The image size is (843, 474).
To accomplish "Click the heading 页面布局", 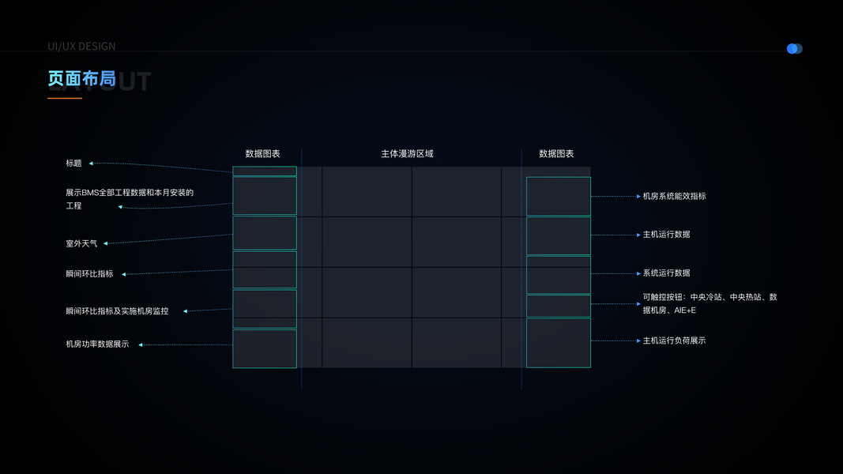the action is [81, 78].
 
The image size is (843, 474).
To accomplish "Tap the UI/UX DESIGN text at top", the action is [81, 47].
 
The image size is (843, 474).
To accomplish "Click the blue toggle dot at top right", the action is [792, 49].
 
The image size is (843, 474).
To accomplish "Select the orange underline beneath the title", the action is [65, 98].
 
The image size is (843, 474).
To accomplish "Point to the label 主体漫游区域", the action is [407, 154].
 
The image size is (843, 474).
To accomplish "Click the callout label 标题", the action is [73, 164].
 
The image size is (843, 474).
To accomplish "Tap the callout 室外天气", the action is [81, 243].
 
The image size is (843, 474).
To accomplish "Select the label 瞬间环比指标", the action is [89, 274].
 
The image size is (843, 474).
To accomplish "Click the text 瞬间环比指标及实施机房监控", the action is [117, 311].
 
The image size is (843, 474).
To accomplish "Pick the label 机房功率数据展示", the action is [97, 344].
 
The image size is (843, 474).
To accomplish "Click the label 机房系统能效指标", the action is [674, 196].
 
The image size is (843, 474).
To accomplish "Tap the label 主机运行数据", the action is [666, 235].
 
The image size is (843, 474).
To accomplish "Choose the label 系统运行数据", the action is [666, 273].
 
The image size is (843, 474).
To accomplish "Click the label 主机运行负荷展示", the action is [674, 340].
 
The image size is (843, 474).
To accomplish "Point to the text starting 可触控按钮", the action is [709, 303].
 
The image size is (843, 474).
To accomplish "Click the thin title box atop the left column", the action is [265, 171].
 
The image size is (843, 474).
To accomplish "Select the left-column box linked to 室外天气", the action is [265, 233].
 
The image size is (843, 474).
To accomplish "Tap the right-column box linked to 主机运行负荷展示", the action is [558, 343].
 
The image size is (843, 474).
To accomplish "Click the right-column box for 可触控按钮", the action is [558, 306].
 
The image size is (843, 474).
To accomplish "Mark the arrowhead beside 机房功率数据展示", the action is [141, 344].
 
